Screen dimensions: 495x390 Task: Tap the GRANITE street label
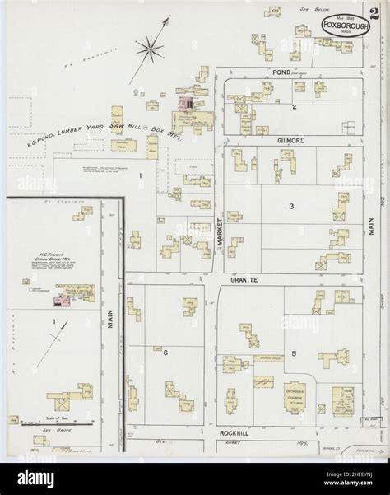(244, 280)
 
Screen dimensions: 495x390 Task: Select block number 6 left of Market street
(165, 352)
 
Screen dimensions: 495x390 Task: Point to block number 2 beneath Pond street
(293, 107)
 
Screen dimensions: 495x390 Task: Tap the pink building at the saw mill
(188, 106)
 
